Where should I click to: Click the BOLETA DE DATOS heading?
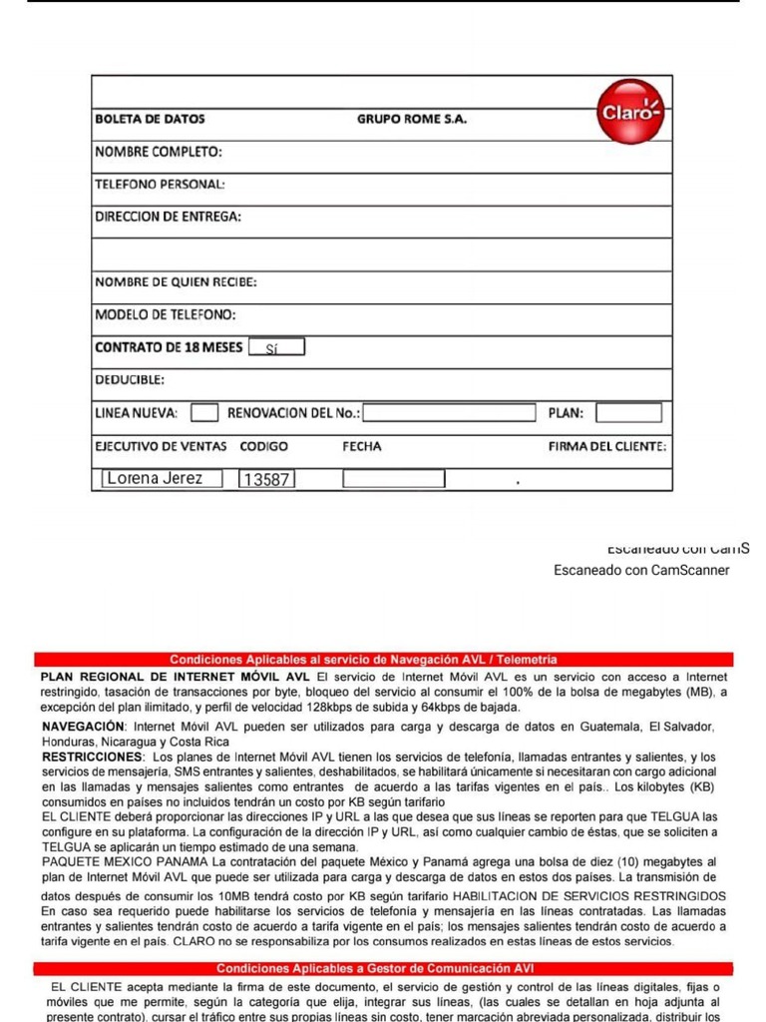(150, 119)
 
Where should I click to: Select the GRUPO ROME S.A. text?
(411, 119)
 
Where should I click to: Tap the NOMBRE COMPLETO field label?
(158, 152)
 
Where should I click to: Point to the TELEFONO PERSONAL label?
(160, 185)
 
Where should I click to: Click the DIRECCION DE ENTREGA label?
(168, 217)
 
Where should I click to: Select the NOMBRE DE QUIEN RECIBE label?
(176, 282)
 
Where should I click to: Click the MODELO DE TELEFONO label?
(165, 315)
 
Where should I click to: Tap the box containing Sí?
(276, 348)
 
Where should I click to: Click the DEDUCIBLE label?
(130, 380)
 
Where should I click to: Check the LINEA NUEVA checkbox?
(204, 412)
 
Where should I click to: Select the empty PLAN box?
(628, 412)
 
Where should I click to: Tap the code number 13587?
(266, 480)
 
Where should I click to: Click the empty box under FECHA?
(393, 479)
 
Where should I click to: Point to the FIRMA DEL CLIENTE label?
(607, 446)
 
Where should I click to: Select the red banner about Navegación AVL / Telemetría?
(383, 660)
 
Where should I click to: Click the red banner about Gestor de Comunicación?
(383, 968)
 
